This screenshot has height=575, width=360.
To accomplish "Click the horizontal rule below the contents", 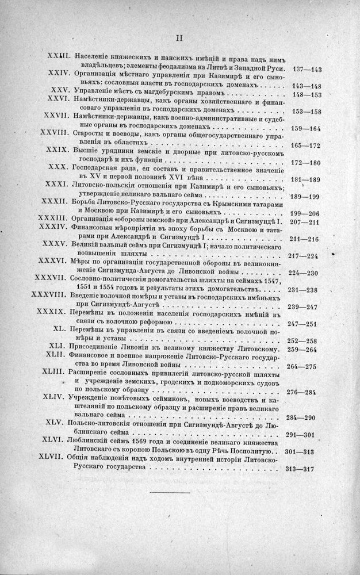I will (x=170, y=493).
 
